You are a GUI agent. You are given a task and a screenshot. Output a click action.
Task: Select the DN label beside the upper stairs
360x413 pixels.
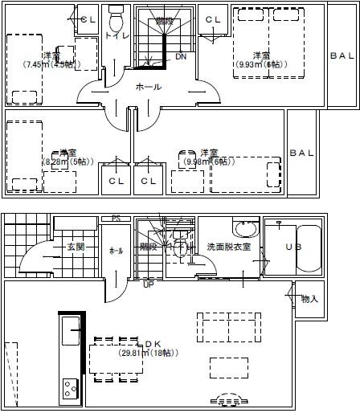[180, 57]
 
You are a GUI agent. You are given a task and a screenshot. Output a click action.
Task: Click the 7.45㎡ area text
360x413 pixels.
[50, 65]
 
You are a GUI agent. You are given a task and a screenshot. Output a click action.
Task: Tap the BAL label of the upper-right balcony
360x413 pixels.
[342, 55]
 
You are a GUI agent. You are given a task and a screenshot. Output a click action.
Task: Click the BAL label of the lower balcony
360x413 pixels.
[301, 153]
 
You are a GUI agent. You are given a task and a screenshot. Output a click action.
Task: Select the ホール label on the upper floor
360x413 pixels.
[148, 87]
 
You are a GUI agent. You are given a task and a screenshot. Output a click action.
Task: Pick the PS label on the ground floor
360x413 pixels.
[116, 219]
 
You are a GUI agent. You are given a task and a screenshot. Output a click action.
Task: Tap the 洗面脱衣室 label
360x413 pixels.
[229, 247]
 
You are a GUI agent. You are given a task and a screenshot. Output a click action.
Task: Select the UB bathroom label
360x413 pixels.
[293, 247]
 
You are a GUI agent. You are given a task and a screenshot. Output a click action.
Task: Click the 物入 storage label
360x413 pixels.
[309, 299]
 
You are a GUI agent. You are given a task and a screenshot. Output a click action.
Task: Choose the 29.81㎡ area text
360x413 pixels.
[149, 353]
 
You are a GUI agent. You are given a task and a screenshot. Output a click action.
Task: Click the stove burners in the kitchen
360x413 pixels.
[69, 387]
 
